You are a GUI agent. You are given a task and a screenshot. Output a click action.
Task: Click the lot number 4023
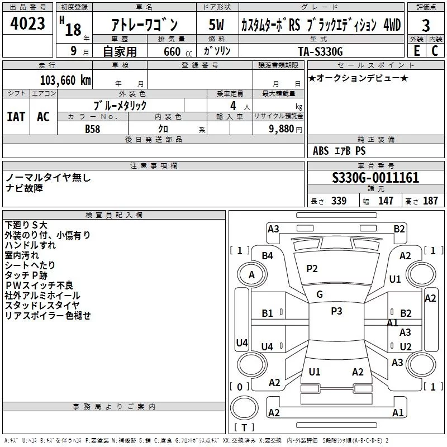tap(27, 23)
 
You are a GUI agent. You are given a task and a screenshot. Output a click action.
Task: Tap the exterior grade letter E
tap(416, 50)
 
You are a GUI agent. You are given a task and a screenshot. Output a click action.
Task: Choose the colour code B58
tap(93, 129)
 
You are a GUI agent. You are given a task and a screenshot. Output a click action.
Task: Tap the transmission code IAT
tap(16, 116)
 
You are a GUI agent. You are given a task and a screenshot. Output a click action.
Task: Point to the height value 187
tap(431, 201)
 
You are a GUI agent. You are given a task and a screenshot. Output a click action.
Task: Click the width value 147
tap(386, 201)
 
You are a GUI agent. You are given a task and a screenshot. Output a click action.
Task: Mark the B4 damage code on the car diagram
tap(268, 255)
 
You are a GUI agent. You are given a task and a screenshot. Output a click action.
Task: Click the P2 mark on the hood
tap(312, 269)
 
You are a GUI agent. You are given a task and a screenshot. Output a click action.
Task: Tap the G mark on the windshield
tap(319, 294)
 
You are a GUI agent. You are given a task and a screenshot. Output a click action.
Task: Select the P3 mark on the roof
tap(336, 311)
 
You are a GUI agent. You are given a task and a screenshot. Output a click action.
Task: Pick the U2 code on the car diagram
tap(406, 346)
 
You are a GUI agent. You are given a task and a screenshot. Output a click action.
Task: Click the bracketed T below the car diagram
tap(244, 428)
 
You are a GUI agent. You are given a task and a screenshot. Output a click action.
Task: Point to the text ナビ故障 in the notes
tap(24, 188)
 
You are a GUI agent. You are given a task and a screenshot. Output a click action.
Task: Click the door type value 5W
tap(217, 25)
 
